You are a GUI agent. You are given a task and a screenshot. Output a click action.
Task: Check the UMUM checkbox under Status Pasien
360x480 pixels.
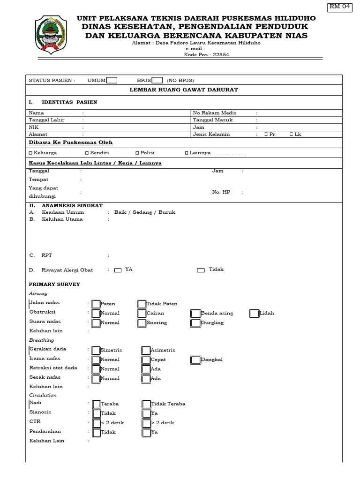click(112, 80)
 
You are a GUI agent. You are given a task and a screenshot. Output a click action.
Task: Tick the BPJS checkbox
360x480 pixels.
click(157, 80)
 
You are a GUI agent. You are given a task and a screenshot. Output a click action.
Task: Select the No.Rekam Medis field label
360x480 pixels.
click(215, 113)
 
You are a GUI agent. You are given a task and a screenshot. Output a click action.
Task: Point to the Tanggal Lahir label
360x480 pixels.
click(46, 120)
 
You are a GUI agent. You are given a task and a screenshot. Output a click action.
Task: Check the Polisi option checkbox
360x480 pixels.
click(137, 153)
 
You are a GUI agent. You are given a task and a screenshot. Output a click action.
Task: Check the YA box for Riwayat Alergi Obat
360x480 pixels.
click(118, 270)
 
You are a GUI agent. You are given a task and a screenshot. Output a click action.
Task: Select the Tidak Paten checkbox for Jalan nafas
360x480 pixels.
click(142, 304)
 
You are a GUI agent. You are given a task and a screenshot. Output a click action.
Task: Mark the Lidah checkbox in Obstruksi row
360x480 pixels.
click(254, 313)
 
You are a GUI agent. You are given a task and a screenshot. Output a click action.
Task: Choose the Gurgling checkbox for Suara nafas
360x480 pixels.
click(195, 322)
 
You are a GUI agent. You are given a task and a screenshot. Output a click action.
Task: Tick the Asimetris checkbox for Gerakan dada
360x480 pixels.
click(146, 350)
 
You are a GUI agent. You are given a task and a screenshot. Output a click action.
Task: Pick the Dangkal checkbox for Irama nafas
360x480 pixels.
click(195, 360)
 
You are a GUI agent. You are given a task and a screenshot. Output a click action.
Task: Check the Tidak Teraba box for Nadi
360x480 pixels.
click(146, 404)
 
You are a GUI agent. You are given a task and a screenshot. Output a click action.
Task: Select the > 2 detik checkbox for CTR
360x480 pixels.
click(146, 423)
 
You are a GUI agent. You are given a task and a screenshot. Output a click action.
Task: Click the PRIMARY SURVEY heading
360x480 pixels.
click(54, 284)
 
